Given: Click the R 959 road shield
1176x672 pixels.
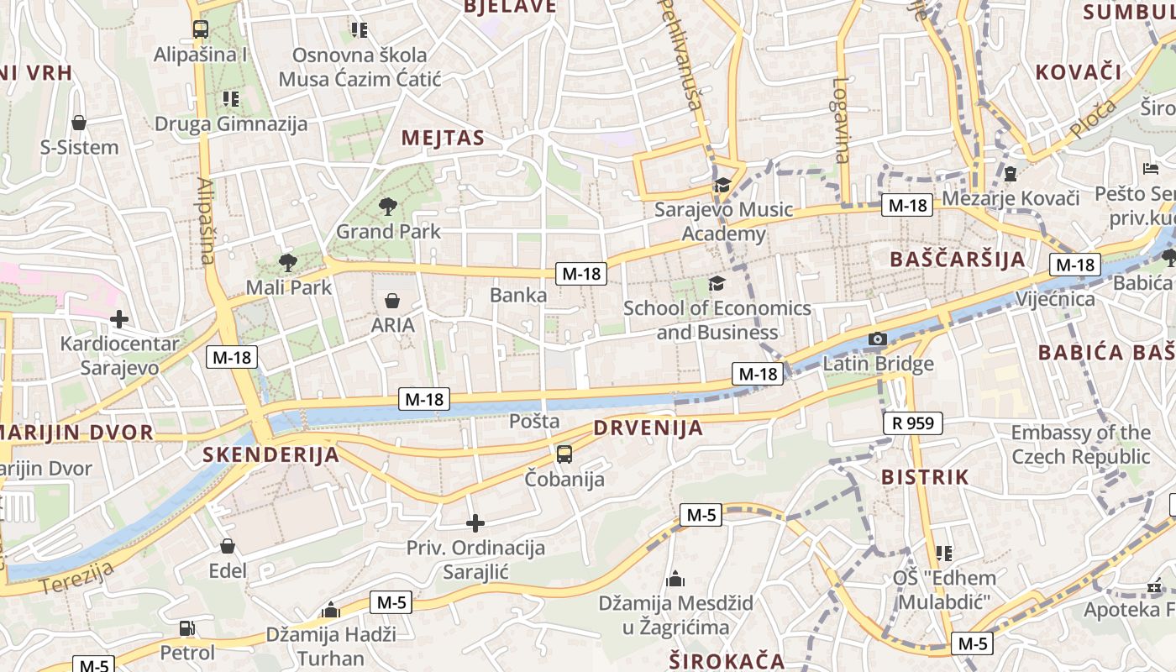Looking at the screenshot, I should (x=913, y=423).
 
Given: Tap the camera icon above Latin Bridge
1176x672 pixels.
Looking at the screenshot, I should (x=878, y=339).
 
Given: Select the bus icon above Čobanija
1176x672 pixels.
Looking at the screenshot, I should (x=564, y=454).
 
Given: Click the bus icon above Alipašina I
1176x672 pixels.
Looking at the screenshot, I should (x=201, y=29).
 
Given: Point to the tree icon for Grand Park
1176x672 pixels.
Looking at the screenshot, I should (x=388, y=206).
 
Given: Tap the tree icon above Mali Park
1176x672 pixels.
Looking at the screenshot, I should (x=288, y=262).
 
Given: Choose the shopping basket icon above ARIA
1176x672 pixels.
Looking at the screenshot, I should (x=392, y=300).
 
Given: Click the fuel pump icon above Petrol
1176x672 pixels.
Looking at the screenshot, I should (x=187, y=628).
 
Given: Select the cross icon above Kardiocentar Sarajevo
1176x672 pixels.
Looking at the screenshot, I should (x=119, y=319).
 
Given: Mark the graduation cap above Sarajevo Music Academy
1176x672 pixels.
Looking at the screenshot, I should (x=722, y=185).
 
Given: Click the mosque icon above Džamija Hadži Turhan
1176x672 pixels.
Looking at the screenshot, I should (x=331, y=610).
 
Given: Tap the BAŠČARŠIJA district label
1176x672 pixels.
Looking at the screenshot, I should (x=958, y=260).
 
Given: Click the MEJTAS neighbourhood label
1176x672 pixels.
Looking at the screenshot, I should (x=443, y=139).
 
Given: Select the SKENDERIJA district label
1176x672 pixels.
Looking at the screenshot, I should (x=270, y=455).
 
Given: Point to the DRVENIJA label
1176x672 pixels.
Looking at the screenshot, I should (x=648, y=428).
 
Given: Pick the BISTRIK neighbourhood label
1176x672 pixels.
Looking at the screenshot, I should (x=925, y=477).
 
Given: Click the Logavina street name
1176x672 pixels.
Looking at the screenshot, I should (x=841, y=119).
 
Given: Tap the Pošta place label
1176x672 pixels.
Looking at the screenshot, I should (x=534, y=421).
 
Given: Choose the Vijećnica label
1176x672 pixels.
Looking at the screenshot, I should (x=1055, y=299).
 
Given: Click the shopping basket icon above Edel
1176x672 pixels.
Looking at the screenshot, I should (x=227, y=546).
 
